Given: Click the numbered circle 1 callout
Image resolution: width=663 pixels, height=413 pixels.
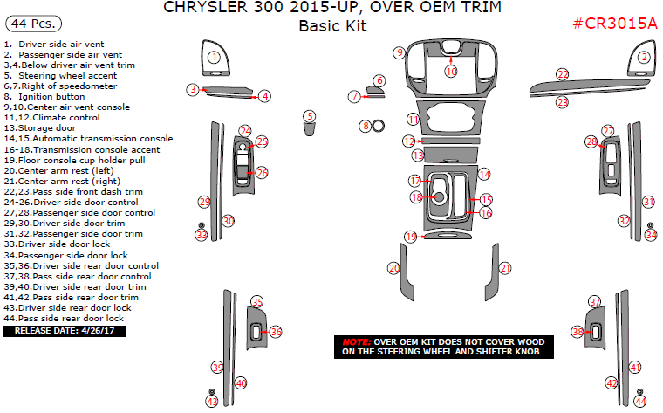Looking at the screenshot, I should click(x=214, y=58).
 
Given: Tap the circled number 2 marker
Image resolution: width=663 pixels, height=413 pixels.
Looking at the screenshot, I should click(x=644, y=58).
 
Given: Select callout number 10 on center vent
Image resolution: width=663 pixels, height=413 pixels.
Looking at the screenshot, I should click(x=451, y=70).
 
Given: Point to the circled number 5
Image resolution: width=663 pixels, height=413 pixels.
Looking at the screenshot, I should click(x=310, y=116).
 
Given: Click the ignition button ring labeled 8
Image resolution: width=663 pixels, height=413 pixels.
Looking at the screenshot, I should click(x=379, y=126).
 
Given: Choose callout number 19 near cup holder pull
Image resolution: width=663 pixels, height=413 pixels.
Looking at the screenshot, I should click(x=410, y=237).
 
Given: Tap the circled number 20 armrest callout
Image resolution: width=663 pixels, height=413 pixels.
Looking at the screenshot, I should click(x=394, y=268).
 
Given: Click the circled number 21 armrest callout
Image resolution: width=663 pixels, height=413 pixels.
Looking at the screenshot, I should click(x=504, y=268).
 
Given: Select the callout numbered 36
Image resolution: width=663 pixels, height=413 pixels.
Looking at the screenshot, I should click(x=276, y=332).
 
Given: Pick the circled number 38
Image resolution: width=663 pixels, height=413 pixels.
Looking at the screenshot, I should click(x=578, y=332).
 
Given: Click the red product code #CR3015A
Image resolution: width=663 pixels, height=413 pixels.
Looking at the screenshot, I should click(x=615, y=24).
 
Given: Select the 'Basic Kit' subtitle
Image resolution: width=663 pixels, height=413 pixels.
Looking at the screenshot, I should click(x=332, y=26).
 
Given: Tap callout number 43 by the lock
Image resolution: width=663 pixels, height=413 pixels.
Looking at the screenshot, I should click(x=212, y=401).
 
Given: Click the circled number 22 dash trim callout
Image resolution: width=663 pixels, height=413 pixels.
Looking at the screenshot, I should click(x=563, y=74).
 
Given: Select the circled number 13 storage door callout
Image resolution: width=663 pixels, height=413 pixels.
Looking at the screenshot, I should click(x=418, y=155).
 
